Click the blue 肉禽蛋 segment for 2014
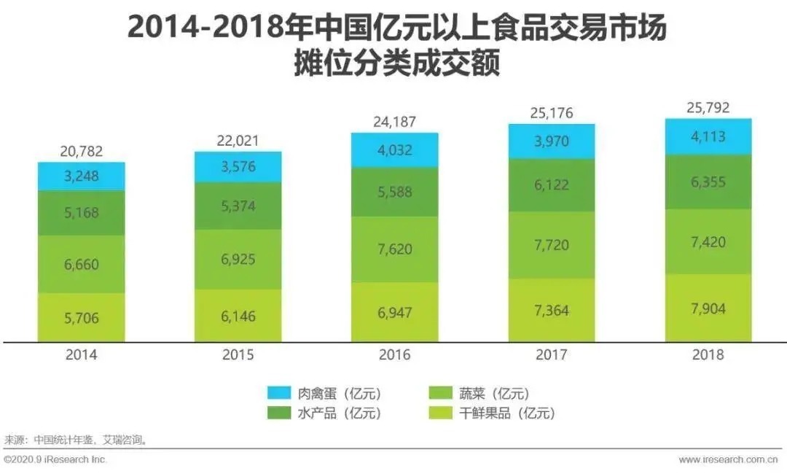(x=81, y=176)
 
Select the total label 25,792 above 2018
(x=708, y=107)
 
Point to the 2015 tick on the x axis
(x=238, y=355)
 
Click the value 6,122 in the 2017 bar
(x=551, y=187)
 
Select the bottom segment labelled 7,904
(x=708, y=307)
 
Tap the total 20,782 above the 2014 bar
(x=81, y=152)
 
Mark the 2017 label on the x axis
(x=551, y=355)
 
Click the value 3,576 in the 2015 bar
(x=238, y=167)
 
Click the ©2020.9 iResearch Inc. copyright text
(x=55, y=460)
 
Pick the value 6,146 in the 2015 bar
(x=238, y=316)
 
